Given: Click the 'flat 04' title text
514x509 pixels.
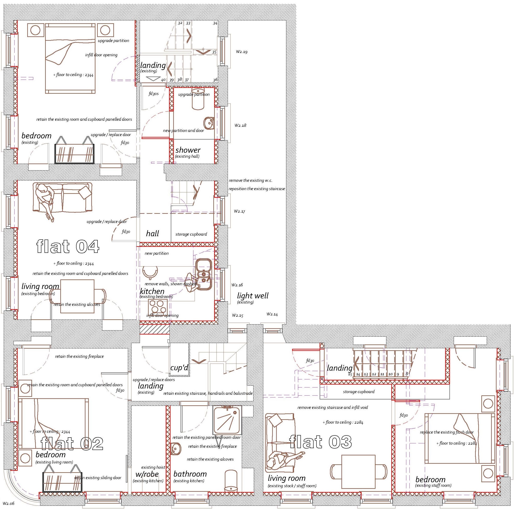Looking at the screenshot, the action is coord(68,246).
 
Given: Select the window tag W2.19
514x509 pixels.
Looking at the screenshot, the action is coord(242,52).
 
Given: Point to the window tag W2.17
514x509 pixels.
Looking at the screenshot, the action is coord(240,211).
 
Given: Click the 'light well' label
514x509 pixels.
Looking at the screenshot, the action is coord(253,296).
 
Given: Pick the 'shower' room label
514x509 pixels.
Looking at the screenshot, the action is coord(188,150).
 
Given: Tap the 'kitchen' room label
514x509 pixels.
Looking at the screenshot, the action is coord(152,291).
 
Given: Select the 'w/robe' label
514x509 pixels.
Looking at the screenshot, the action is coord(147,474).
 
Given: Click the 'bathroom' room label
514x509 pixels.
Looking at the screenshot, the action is coord(190,474).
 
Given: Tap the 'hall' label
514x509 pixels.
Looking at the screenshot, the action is coord(152,234).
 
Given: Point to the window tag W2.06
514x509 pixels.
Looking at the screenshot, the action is coord(8,503).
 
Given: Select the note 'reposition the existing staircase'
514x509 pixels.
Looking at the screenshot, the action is coord(257,189).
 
